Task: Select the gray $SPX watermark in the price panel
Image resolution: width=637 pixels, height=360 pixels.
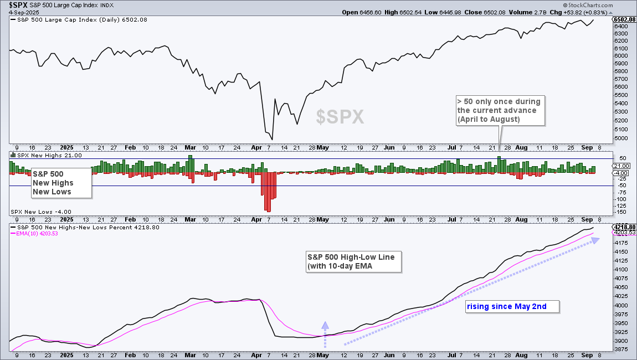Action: click(x=340, y=117)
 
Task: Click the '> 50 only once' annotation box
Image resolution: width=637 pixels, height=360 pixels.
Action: click(x=499, y=110)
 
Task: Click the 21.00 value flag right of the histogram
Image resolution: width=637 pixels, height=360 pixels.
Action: click(x=621, y=166)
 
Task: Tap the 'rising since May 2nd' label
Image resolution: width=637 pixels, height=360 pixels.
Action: click(x=506, y=306)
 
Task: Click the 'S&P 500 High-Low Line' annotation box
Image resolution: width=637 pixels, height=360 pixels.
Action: click(x=353, y=261)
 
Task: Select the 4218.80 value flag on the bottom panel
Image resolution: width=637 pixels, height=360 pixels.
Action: click(x=624, y=227)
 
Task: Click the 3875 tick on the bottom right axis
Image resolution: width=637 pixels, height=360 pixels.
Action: click(x=621, y=349)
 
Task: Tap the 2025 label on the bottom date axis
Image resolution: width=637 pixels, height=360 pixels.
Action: click(x=66, y=355)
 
